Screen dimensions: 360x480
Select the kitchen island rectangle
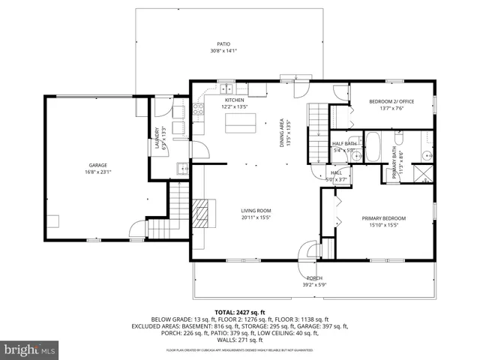[240, 121]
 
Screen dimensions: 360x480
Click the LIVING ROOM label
[255, 211]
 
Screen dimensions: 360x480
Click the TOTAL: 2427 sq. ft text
[240, 312]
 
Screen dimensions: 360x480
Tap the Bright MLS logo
[30, 349]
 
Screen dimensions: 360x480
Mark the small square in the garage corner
[53, 221]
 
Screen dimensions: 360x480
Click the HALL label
[337, 172]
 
